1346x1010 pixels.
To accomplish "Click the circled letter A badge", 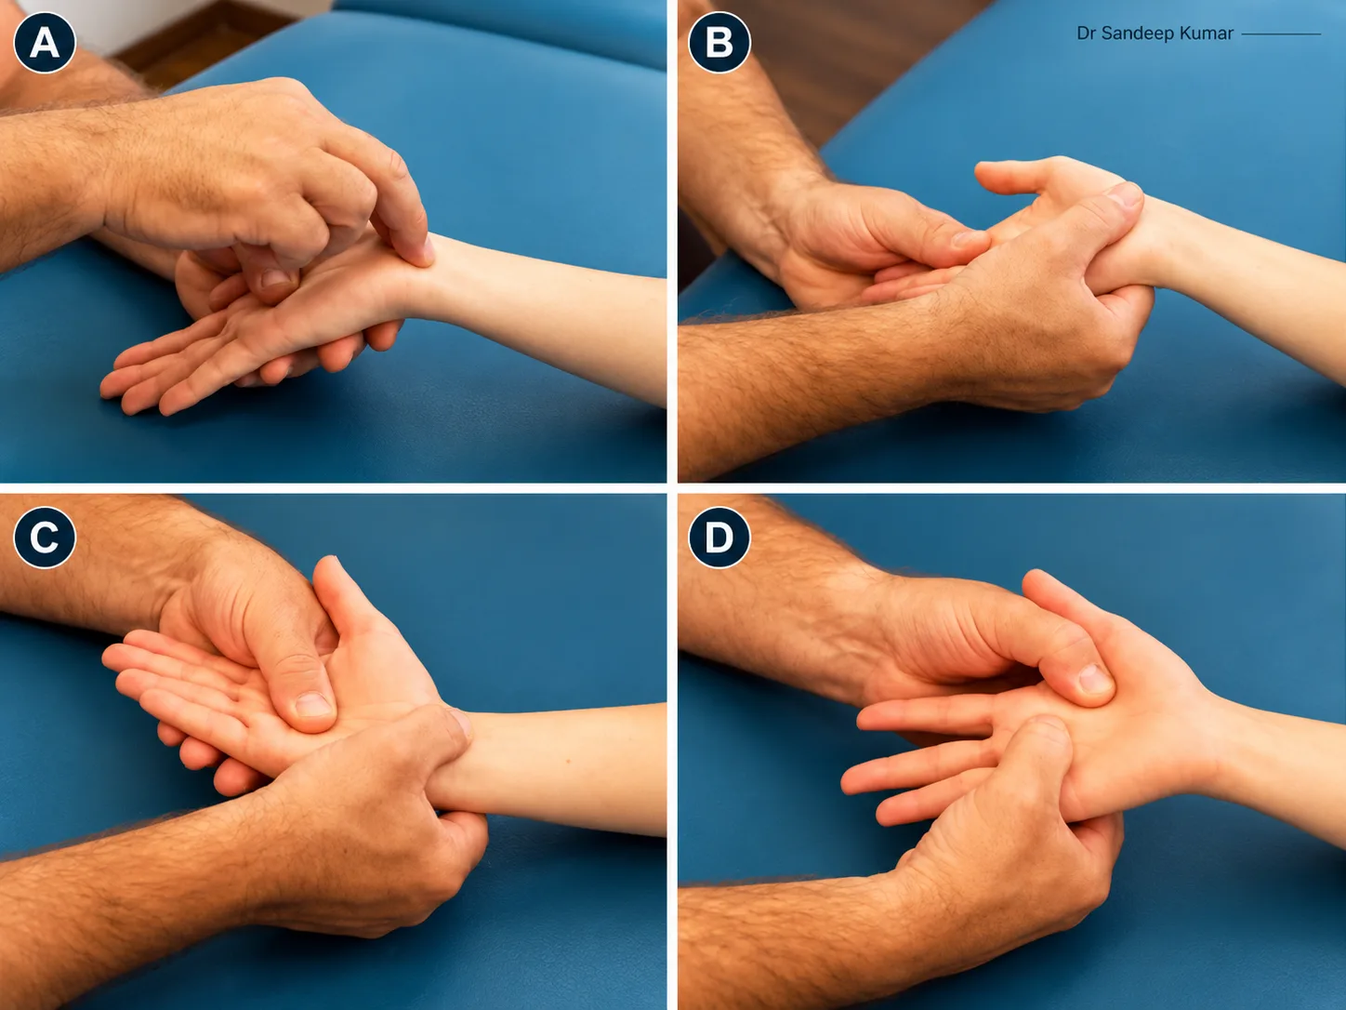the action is (44, 42).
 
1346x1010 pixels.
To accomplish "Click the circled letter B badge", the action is (719, 42).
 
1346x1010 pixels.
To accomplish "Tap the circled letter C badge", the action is (44, 538).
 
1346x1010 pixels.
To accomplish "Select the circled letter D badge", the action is (719, 538).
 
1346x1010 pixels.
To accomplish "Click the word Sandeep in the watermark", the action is (1136, 33).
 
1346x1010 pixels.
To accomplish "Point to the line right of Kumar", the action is (1281, 33).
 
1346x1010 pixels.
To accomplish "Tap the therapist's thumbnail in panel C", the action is (313, 705).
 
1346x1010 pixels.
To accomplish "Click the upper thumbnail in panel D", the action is (1095, 678).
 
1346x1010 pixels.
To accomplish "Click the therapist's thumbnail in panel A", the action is (276, 279).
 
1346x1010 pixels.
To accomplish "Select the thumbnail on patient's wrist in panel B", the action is (1127, 195).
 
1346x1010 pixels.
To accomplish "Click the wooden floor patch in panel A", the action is (203, 49).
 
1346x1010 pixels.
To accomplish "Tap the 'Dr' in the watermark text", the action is (1086, 33).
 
